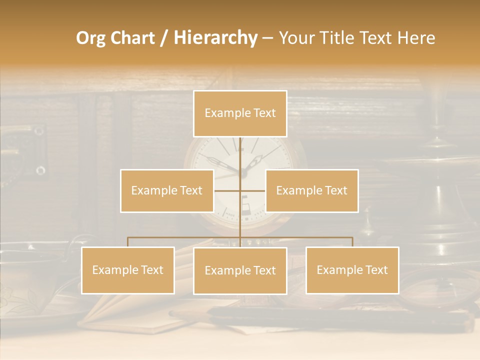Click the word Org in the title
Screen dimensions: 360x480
(90, 38)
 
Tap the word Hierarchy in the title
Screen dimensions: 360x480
(215, 38)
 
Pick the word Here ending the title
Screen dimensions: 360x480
(416, 38)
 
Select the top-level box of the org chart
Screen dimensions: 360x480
(240, 113)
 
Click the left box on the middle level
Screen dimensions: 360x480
(167, 190)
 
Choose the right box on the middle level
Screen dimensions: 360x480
(311, 190)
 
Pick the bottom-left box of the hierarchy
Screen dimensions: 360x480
(128, 270)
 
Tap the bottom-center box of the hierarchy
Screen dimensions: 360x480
(240, 270)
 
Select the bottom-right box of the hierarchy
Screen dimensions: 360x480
(352, 270)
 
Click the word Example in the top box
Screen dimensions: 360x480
(223, 113)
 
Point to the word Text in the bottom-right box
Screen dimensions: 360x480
(375, 270)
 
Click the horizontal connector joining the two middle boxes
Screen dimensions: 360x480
(228, 190)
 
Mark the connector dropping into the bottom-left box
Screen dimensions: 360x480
(128, 242)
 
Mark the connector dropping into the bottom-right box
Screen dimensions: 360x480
(352, 242)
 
